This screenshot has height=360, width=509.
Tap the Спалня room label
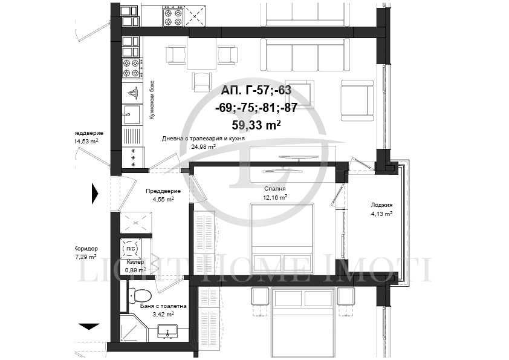(x=275, y=188)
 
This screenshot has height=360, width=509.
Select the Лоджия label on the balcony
(x=381, y=205)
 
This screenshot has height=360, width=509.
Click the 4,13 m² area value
(x=381, y=214)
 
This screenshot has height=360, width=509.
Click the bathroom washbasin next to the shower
(x=166, y=332)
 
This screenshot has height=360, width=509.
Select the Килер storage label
(x=135, y=262)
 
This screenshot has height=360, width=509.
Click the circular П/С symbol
(x=130, y=248)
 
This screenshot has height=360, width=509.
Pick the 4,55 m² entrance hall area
(x=163, y=199)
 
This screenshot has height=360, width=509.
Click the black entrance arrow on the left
(x=94, y=192)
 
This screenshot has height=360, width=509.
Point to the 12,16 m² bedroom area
(x=275, y=197)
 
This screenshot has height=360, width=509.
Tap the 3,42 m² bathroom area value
(x=163, y=315)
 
